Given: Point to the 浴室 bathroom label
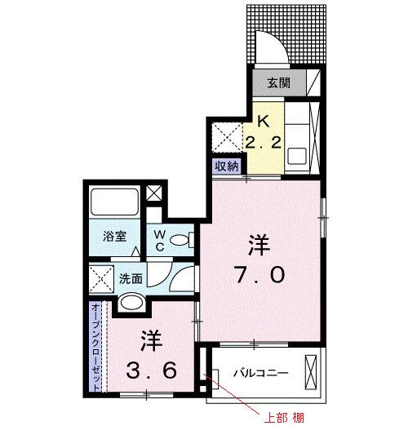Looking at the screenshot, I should (x=113, y=237).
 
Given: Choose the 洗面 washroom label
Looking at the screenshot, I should (x=131, y=277).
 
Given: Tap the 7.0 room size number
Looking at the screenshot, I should (x=261, y=276).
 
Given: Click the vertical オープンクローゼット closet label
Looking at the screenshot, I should (x=96, y=347).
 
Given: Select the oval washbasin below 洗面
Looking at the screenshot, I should (x=131, y=304).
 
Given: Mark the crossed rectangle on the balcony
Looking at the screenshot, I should (x=311, y=373).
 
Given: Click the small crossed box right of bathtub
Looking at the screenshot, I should (x=153, y=194).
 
